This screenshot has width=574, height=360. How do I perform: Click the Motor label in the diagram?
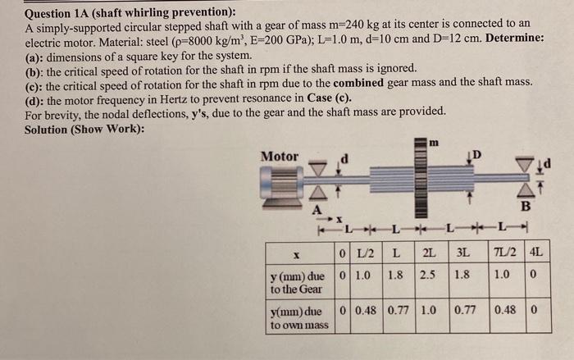click(279, 157)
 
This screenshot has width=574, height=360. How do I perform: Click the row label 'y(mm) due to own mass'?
click(298, 318)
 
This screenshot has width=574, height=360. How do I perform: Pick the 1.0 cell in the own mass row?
click(429, 312)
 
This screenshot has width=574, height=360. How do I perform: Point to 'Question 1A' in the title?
click(62, 11)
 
